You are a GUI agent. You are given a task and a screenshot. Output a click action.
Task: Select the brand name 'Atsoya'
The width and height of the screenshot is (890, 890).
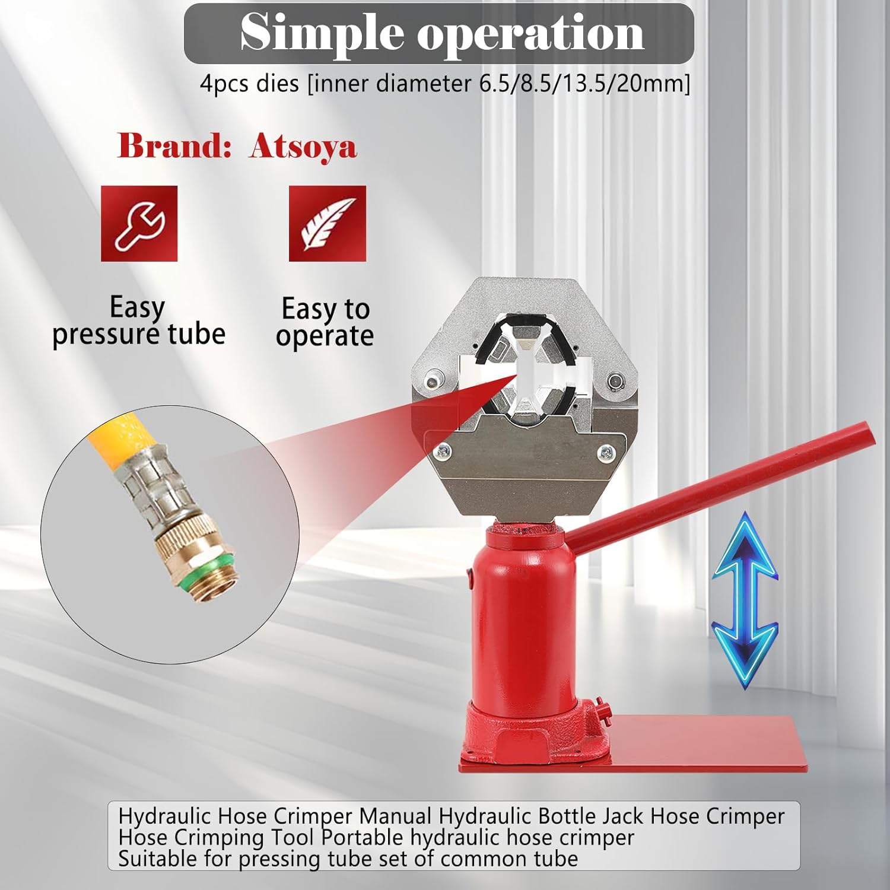click(303, 147)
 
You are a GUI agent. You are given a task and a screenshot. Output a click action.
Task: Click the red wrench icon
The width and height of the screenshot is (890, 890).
click(139, 224)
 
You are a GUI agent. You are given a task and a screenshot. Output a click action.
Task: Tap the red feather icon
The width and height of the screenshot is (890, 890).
click(328, 224)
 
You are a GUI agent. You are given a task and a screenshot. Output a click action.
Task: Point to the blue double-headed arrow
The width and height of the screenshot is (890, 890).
click(745, 600)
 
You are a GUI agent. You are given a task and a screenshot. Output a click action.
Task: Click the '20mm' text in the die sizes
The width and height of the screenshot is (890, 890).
click(653, 83)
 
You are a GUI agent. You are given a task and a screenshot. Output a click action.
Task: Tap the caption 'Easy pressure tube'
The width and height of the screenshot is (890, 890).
click(138, 321)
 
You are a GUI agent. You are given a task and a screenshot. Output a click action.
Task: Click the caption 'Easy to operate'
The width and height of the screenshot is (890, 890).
click(325, 322)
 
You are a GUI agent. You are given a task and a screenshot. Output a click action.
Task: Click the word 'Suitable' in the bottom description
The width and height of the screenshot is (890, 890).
click(157, 859)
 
